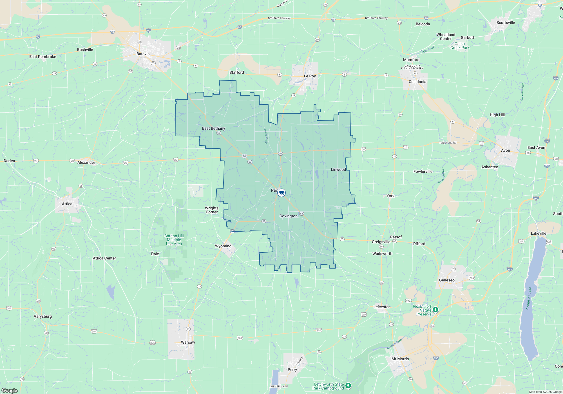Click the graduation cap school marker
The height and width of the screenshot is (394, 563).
pyautogui.click(x=281, y=193)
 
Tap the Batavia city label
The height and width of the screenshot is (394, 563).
pyautogui.click(x=143, y=54)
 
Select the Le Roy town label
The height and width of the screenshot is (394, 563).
pyautogui.click(x=310, y=76)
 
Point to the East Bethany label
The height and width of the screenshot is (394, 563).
pyautogui.click(x=213, y=128)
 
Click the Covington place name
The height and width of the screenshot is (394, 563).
pyautogui.click(x=288, y=216)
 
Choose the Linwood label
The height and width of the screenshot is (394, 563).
pyautogui.click(x=338, y=169)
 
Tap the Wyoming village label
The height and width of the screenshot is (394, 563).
pyautogui.click(x=223, y=246)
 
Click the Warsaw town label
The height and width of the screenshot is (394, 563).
pyautogui.click(x=188, y=342)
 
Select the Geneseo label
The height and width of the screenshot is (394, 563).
pyautogui.click(x=447, y=280)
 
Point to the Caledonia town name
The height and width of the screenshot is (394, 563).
pyautogui.click(x=417, y=82)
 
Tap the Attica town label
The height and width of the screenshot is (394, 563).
pyautogui.click(x=67, y=204)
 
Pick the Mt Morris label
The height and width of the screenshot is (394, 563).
pyautogui.click(x=400, y=359)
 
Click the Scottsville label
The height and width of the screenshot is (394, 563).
pyautogui.click(x=506, y=23)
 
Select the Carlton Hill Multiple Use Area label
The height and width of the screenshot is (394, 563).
pyautogui.click(x=174, y=240)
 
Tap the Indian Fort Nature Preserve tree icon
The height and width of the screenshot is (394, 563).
pyautogui.click(x=435, y=310)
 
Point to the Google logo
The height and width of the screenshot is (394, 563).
pyautogui.click(x=10, y=391)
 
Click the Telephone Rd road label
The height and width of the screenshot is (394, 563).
pyautogui.click(x=448, y=143)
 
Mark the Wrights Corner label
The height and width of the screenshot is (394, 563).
pyautogui.click(x=211, y=210)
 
